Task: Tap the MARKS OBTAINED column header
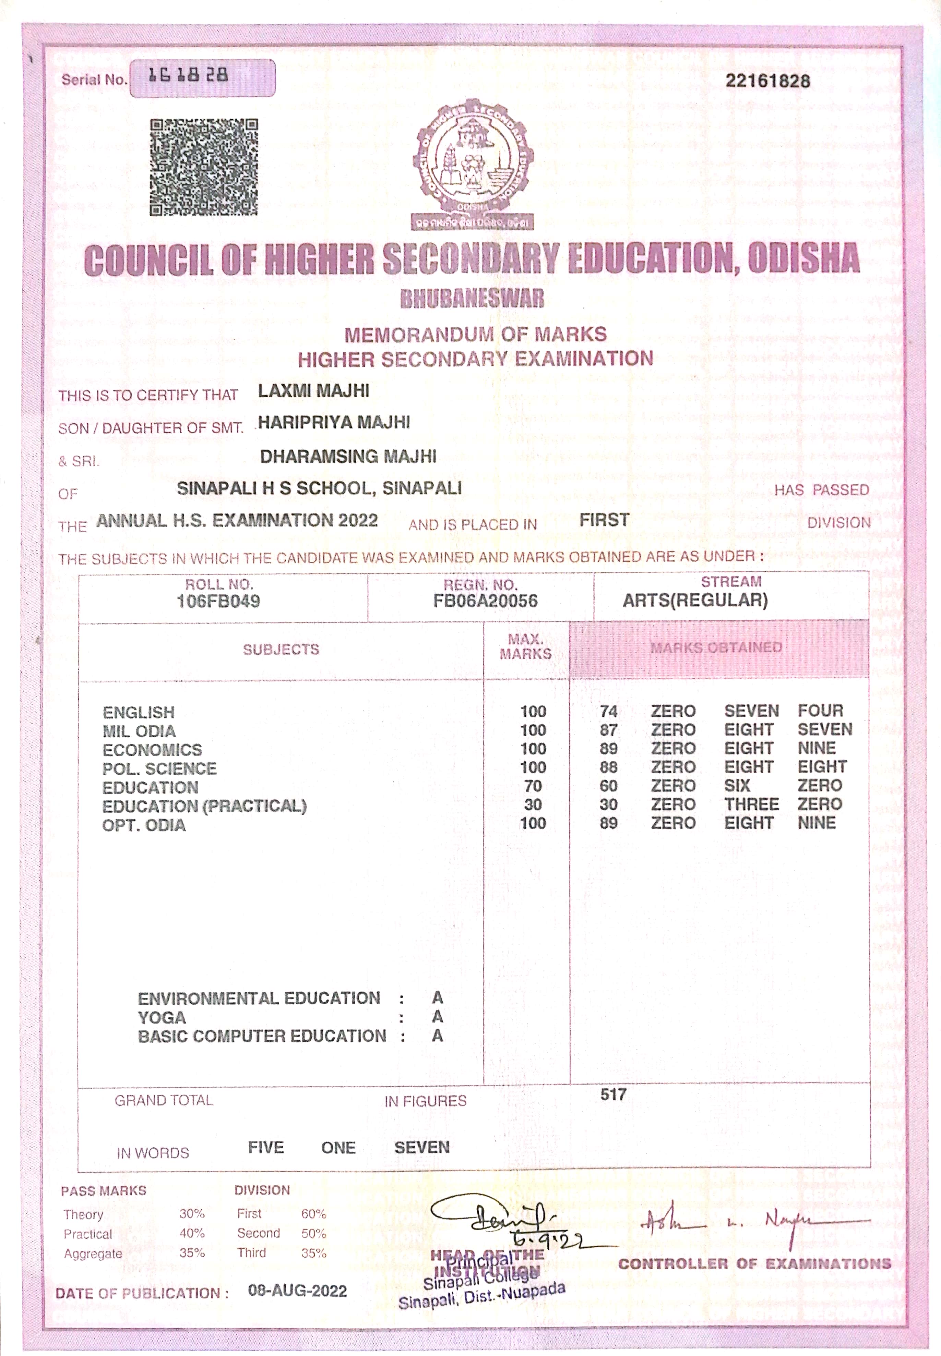(x=716, y=647)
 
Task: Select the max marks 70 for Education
(x=533, y=786)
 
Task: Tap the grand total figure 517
(x=613, y=1094)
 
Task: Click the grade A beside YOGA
(x=437, y=1017)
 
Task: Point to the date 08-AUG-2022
(x=297, y=1291)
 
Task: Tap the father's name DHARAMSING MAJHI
(x=348, y=456)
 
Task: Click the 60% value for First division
(x=313, y=1214)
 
